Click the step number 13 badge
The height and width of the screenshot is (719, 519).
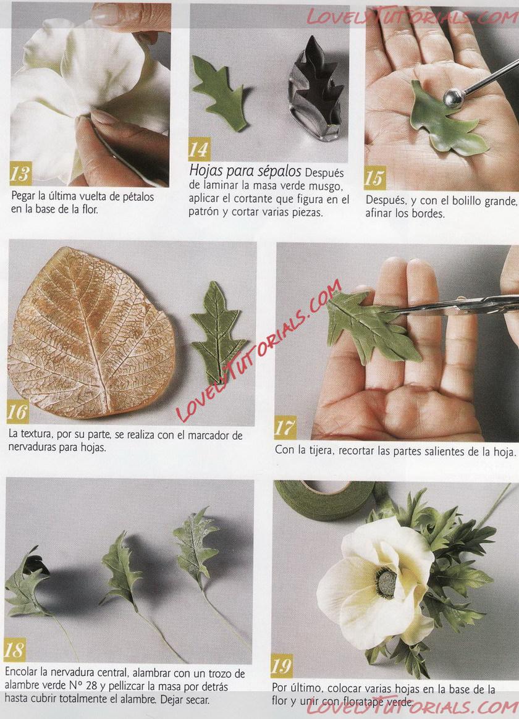(20, 173)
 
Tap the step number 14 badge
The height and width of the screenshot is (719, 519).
(199, 149)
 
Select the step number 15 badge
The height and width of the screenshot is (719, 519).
(375, 178)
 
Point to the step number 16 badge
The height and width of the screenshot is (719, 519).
(18, 412)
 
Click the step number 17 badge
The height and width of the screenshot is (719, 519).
(285, 427)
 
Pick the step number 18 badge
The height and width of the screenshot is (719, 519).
(14, 650)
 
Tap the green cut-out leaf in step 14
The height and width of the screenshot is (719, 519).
(219, 91)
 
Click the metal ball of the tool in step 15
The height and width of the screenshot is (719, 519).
(454, 99)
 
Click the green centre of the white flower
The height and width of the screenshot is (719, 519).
(386, 582)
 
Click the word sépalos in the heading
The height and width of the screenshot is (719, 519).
(278, 171)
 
